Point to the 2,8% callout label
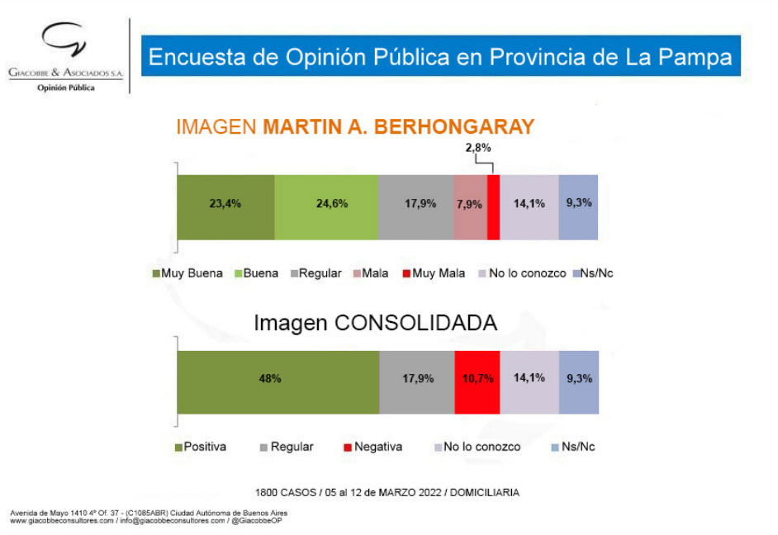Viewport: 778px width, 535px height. [477, 148]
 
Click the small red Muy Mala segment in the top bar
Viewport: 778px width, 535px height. [493, 207]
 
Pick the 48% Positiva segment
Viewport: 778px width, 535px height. [278, 381]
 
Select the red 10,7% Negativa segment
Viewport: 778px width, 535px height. [477, 381]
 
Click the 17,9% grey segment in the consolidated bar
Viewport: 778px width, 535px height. [416, 381]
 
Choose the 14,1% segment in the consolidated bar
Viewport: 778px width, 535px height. [529, 381]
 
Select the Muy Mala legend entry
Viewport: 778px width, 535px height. [438, 273]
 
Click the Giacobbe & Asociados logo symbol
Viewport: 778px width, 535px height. [64, 40]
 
